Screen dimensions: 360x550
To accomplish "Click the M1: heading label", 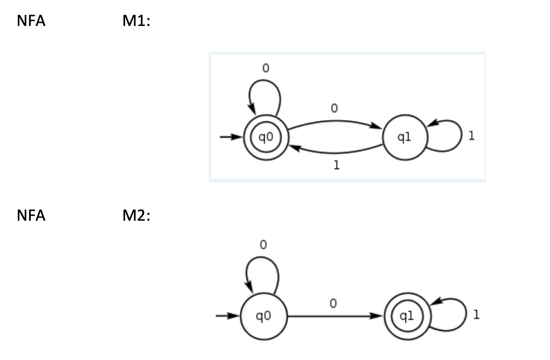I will [x=136, y=21].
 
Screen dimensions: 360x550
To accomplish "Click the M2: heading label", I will [x=136, y=215].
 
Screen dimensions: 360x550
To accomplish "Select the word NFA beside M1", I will [x=31, y=21].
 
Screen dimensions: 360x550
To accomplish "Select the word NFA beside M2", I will [x=31, y=215].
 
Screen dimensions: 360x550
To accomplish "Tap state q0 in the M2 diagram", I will [x=264, y=316].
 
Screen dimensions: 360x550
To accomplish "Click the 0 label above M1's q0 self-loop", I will [x=265, y=68].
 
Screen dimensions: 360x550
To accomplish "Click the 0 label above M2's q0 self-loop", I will [x=263, y=245].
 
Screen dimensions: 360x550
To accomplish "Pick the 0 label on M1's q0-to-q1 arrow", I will [x=334, y=109].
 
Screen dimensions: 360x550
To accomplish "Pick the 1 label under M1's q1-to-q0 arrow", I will [x=336, y=166].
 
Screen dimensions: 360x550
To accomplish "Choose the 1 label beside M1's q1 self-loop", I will [x=472, y=136].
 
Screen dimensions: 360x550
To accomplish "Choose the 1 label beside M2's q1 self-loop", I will [x=476, y=315].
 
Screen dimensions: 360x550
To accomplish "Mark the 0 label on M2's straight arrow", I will [x=333, y=304].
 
